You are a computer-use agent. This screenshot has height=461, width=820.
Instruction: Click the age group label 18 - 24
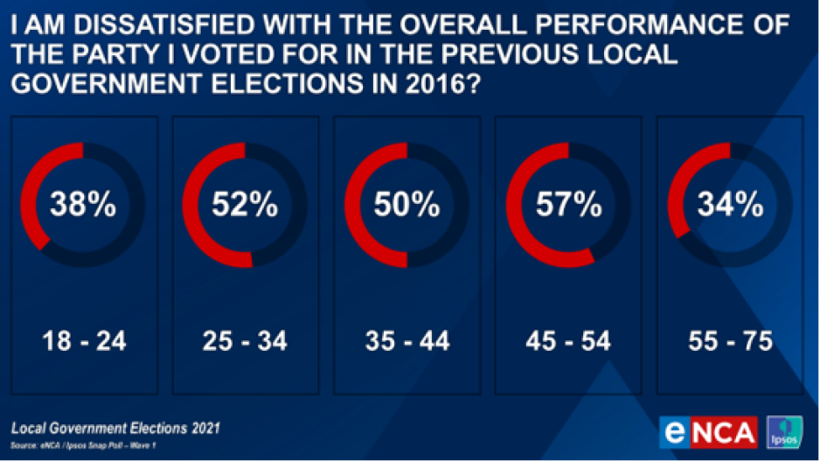tap(85, 340)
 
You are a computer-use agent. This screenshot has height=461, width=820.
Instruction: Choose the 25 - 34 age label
tap(246, 340)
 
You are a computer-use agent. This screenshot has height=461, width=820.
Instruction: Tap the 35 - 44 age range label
tap(407, 340)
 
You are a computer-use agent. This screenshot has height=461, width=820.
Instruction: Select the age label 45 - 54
tap(568, 340)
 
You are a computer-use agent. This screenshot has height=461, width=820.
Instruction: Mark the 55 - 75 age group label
tap(730, 340)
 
